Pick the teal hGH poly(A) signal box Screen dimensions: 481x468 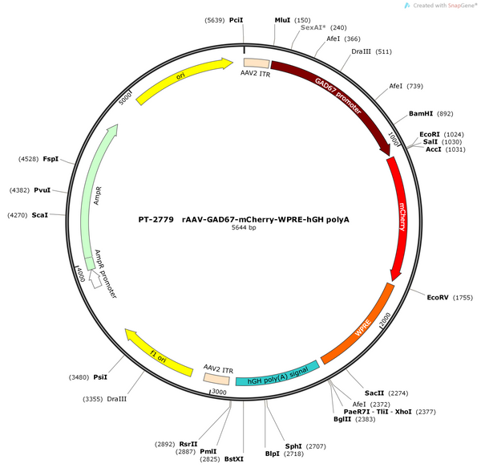click(x=277, y=375)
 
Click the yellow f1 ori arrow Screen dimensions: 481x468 click(x=158, y=353)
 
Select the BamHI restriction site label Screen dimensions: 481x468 click(x=421, y=114)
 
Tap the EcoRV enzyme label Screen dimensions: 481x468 click(x=438, y=297)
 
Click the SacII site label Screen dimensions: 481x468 click(x=374, y=393)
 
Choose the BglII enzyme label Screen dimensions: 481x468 click(x=342, y=419)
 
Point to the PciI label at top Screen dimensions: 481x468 click(x=236, y=20)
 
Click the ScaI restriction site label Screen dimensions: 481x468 click(x=40, y=215)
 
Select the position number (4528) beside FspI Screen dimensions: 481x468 click(x=29, y=159)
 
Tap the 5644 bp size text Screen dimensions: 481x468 click(x=244, y=227)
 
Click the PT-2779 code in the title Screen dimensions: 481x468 click(x=156, y=220)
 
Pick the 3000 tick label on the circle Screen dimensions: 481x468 click(x=219, y=392)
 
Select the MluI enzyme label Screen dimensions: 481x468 click(x=282, y=20)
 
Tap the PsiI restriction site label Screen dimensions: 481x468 click(x=100, y=377)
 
